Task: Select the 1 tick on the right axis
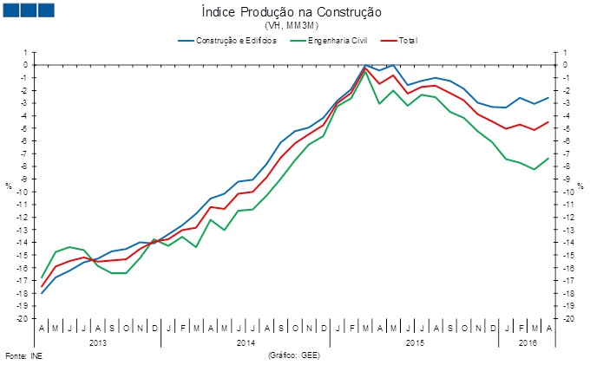564,52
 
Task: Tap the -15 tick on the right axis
567,256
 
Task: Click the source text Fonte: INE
23,355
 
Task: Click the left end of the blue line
42,293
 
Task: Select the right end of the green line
547,158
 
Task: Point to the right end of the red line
547,122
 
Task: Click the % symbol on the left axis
9,186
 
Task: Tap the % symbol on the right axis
580,186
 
